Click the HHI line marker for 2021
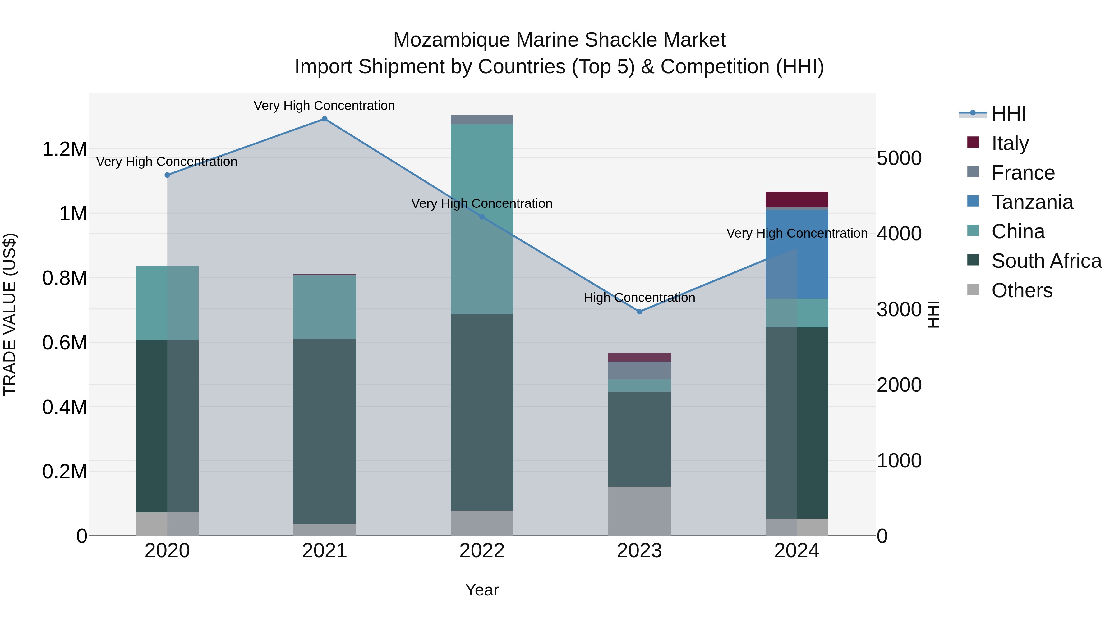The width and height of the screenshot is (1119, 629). (x=325, y=119)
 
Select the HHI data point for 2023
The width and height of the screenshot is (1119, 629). (x=639, y=312)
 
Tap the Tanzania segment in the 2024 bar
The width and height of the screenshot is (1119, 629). (x=797, y=254)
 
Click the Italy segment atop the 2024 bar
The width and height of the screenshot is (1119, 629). (x=797, y=199)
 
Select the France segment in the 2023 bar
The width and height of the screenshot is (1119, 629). (x=639, y=370)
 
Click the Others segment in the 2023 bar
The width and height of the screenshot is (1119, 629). (x=639, y=511)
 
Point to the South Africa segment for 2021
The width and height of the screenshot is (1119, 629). (x=325, y=431)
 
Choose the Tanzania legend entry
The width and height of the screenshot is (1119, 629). (x=1032, y=202)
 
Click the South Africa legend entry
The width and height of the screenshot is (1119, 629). (x=1046, y=261)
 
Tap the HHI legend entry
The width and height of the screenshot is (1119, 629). (x=1009, y=114)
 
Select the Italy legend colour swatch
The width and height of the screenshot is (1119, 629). (x=973, y=142)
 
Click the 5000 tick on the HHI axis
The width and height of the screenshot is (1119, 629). (x=899, y=158)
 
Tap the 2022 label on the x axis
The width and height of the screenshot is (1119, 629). (x=482, y=551)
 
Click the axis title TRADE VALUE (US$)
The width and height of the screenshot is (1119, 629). (x=10, y=314)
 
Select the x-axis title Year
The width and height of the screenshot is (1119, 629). (x=482, y=590)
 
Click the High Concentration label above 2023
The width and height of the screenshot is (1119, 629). (x=639, y=298)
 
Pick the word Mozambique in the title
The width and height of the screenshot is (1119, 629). (x=452, y=40)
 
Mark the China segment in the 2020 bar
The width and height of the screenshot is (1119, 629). (x=167, y=303)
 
